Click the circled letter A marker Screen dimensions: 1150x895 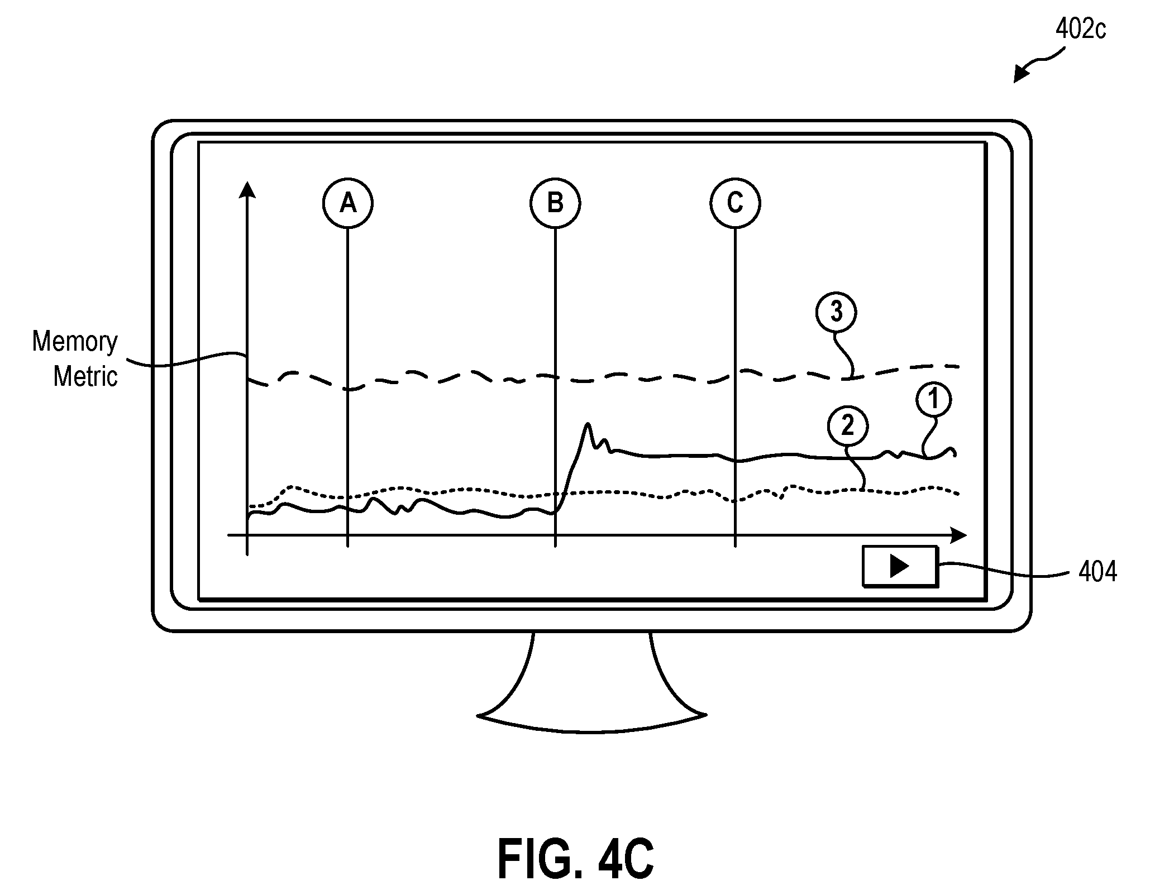[347, 203]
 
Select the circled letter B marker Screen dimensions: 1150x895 [555, 203]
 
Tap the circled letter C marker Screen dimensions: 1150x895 [735, 203]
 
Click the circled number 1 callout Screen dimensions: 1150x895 [933, 400]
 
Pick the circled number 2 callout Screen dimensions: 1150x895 [847, 427]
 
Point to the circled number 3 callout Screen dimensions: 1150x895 [836, 312]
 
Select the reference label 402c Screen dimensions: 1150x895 [1080, 30]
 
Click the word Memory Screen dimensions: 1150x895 [75, 341]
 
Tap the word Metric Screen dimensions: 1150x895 [85, 376]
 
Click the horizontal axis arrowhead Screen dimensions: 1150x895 [958, 535]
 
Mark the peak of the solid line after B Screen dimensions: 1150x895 [588, 424]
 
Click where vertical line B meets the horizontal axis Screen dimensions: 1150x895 [555, 535]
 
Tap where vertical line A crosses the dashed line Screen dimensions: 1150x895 [347, 389]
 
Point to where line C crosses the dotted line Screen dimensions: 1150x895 [735, 500]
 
